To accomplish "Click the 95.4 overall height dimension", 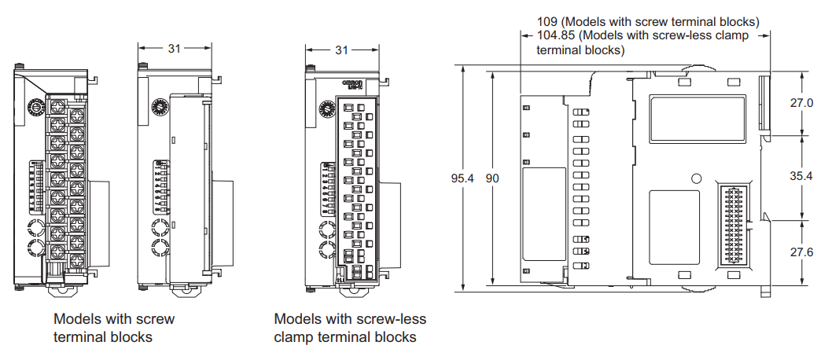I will coord(462,178).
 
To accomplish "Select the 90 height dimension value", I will coord(492,178).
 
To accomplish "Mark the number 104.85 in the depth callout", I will coord(557,35).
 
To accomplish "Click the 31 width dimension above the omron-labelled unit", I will coord(341,50).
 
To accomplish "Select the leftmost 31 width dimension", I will coord(174,48).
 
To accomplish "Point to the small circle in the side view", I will coord(695,178).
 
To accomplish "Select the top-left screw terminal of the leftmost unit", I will coord(57,105).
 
